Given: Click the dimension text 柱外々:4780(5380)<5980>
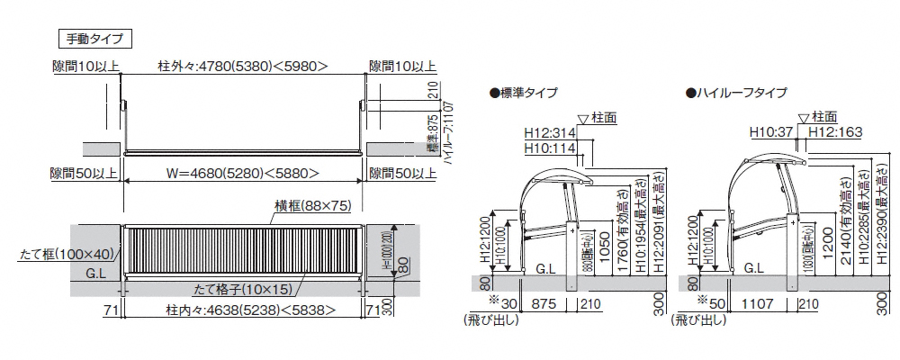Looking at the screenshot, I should click(x=242, y=66).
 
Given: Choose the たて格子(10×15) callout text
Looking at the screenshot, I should click(x=242, y=290).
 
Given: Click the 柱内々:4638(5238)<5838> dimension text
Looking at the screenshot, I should click(x=242, y=311).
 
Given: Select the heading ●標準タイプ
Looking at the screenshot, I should click(x=523, y=93).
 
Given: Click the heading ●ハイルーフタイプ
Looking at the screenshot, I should click(x=736, y=93).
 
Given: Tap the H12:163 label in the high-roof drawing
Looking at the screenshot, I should click(x=836, y=131).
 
